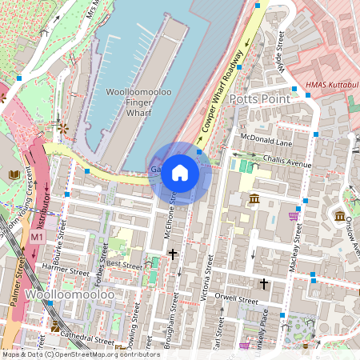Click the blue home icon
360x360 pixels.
(180, 173)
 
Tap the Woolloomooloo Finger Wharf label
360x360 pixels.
(138, 103)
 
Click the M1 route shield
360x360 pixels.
(37, 238)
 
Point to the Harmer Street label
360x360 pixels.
(64, 267)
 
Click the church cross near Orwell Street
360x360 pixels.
(263, 284)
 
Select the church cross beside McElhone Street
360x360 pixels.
(173, 254)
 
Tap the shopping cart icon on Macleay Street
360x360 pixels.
(294, 214)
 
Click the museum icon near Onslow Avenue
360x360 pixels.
(340, 216)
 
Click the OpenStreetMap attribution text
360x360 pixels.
(80, 354)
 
